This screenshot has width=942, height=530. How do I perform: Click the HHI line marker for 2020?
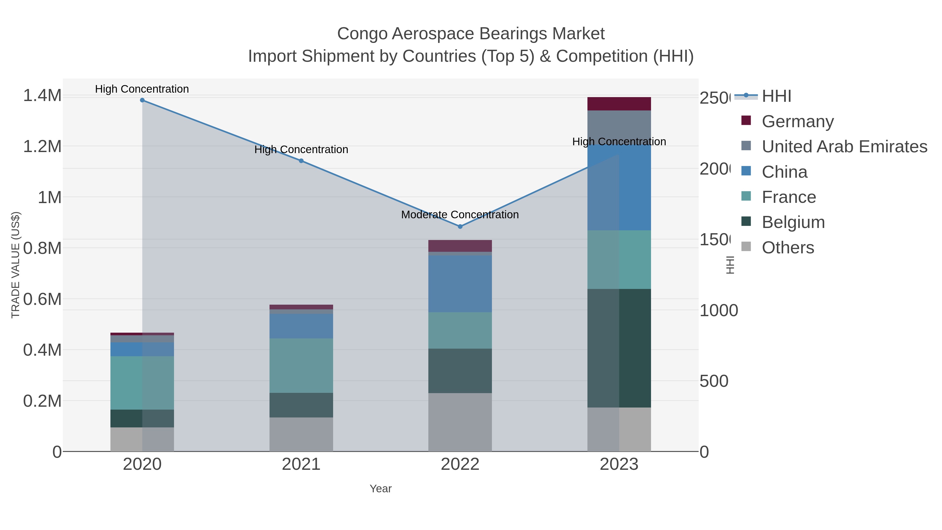tap(142, 100)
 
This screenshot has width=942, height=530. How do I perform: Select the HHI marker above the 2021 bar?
tap(301, 161)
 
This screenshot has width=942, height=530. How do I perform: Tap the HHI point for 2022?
tap(460, 227)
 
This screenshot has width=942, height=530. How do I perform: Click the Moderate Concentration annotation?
tap(460, 215)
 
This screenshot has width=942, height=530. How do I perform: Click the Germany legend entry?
tap(797, 121)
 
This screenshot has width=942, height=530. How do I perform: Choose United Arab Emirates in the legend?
tap(844, 147)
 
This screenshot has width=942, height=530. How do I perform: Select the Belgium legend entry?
tap(793, 222)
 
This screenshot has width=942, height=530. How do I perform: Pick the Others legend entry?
tap(788, 248)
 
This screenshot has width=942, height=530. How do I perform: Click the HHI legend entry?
tap(776, 96)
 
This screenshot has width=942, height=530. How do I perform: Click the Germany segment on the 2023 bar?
tap(619, 104)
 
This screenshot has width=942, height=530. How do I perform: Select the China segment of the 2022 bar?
tap(460, 284)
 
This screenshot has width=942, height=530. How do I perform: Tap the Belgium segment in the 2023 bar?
tap(619, 348)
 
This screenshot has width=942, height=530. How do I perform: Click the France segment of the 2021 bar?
tap(301, 366)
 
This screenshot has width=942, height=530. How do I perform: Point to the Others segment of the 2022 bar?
tap(460, 422)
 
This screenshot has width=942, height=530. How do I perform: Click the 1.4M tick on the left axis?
tap(42, 96)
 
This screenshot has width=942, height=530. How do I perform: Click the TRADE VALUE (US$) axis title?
tap(15, 265)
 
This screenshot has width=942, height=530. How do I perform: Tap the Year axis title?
tap(381, 489)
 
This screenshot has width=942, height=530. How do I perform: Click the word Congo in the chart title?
tap(362, 34)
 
